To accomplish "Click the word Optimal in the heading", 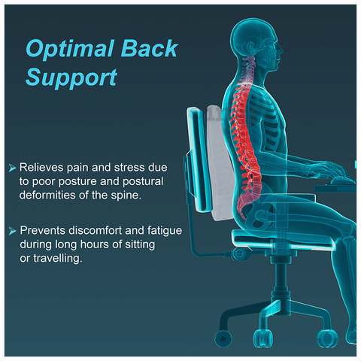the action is (69, 49).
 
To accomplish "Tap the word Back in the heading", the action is (150, 48).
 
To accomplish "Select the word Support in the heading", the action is (71, 77).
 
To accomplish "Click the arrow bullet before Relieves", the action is (12, 168).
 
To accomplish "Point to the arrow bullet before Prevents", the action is (12, 231).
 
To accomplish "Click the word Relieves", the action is (41, 168).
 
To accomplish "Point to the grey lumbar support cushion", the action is (219, 160).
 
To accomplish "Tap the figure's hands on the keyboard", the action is (333, 174).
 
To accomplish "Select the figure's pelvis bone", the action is (262, 211).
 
